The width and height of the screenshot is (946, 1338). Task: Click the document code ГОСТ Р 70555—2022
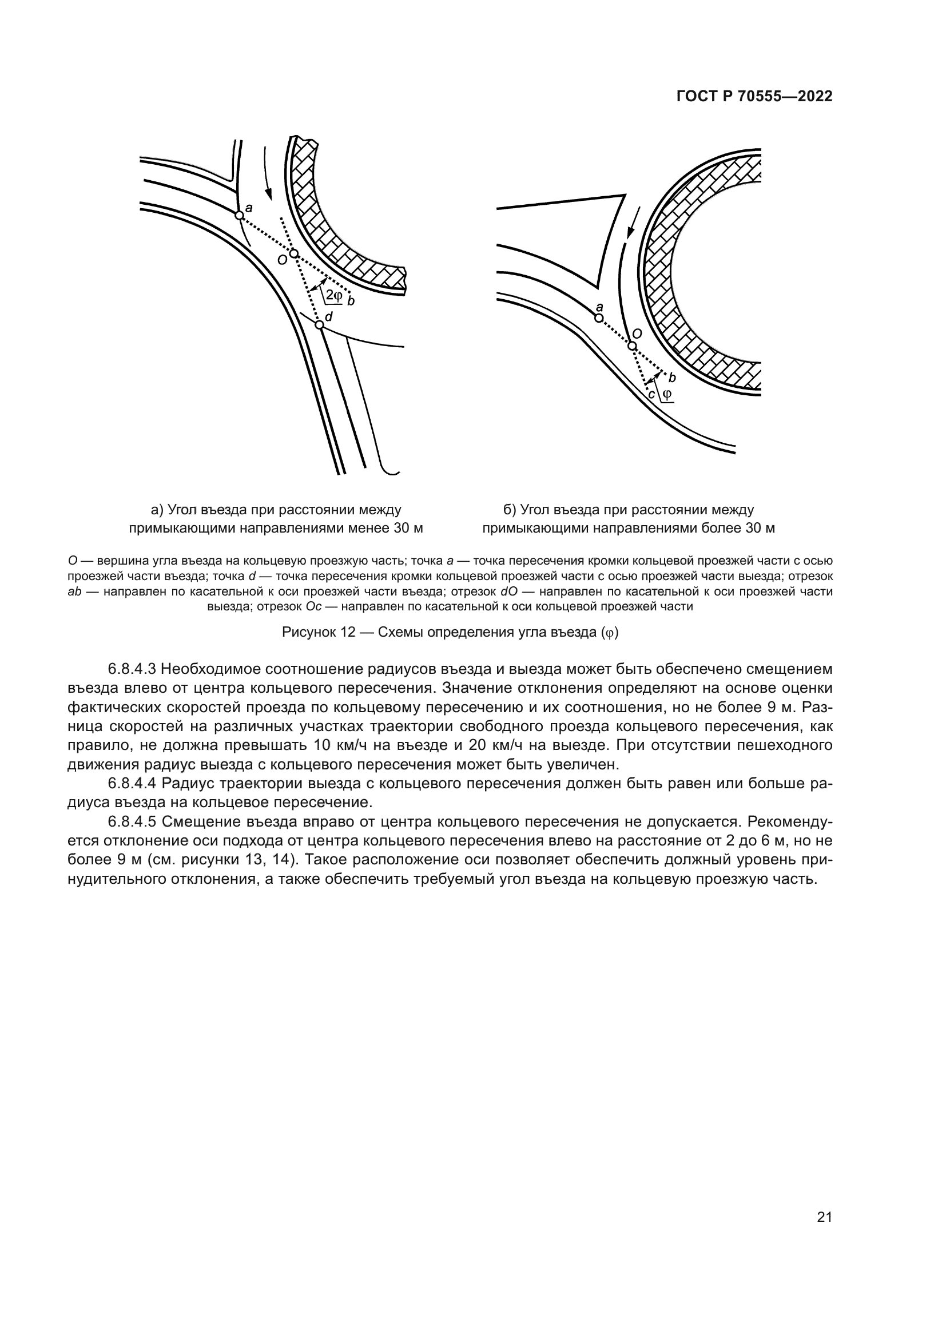[754, 97]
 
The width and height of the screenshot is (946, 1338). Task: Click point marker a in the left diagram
[239, 215]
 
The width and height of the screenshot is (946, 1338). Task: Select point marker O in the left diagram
[293, 253]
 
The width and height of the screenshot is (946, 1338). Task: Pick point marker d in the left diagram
[319, 324]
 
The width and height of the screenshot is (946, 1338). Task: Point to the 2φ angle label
[333, 295]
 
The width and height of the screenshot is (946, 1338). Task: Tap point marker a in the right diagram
[598, 317]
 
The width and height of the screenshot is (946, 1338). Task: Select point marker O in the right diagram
[632, 346]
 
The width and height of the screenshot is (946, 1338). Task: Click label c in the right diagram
[652, 394]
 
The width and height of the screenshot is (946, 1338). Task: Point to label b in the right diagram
[672, 377]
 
